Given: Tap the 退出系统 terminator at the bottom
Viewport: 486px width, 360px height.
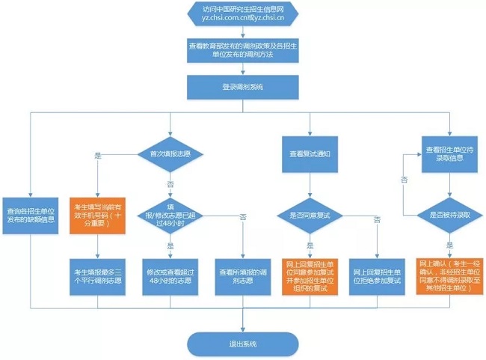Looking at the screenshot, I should click(243, 344).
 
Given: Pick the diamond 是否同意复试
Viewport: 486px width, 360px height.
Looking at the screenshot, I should click(309, 215).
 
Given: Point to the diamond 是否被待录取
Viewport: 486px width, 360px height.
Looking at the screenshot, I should click(449, 215).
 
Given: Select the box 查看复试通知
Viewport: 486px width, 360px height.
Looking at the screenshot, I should click(309, 153).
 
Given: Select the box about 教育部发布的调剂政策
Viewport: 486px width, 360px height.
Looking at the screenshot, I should click(243, 51).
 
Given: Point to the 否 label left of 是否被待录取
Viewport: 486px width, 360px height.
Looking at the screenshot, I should click(404, 180).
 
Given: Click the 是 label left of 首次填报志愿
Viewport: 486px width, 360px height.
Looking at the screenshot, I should click(97, 155).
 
